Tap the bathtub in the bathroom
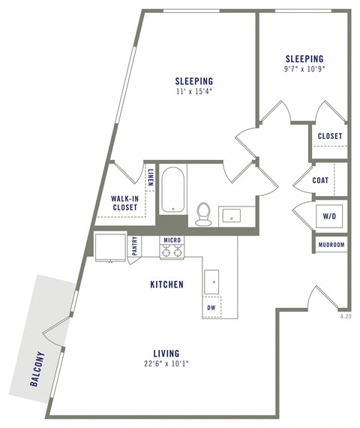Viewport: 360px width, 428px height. [173, 190]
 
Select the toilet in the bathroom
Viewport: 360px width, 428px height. [203, 213]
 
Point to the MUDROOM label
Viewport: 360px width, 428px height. [331, 245]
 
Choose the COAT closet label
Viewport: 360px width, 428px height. [321, 180]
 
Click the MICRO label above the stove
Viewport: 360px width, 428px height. [172, 240]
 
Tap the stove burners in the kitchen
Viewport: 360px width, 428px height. [172, 252]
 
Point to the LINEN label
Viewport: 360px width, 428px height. [150, 177]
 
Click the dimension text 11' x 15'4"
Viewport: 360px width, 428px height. [193, 92]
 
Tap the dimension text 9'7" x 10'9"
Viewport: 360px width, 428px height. [304, 70]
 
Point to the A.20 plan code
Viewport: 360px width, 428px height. [345, 317]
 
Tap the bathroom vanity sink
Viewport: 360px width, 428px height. [230, 216]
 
